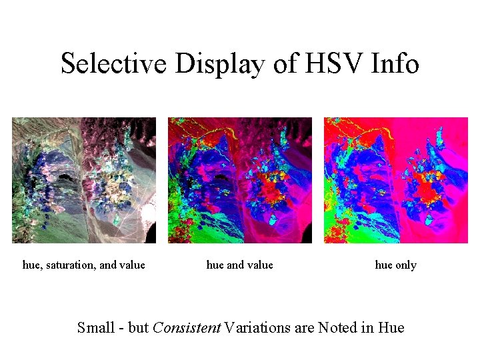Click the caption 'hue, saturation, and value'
(x=84, y=265)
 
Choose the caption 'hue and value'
(x=240, y=265)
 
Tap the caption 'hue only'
(x=396, y=265)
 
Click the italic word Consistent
(x=187, y=328)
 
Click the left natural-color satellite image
(x=84, y=180)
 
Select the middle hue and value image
(x=240, y=180)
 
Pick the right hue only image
(x=396, y=180)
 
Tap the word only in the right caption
(x=405, y=265)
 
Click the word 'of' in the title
(x=283, y=64)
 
